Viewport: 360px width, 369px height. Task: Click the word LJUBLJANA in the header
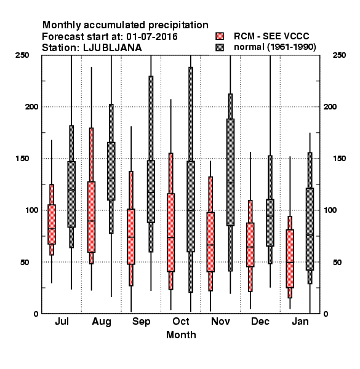113,48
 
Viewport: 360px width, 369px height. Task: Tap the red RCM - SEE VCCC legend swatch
220,36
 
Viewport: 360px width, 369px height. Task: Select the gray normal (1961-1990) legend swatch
220,47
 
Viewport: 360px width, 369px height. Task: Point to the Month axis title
181,335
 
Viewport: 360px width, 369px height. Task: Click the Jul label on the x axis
62,321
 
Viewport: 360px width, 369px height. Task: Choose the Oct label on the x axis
181,321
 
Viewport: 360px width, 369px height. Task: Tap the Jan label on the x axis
300,321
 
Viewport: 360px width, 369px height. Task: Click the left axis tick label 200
31,107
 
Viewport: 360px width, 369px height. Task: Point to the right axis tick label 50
337,262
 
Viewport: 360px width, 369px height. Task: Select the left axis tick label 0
36,314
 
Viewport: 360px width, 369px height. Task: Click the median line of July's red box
52,229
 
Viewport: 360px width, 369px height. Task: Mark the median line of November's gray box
231,183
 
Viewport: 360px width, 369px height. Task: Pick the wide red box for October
171,232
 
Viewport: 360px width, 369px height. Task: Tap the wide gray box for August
111,172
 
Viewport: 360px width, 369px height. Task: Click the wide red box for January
290,259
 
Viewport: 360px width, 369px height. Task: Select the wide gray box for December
270,223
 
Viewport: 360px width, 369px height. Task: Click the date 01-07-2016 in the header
152,37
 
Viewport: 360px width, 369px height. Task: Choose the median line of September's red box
131,237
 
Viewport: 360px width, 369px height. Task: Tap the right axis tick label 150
339,159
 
